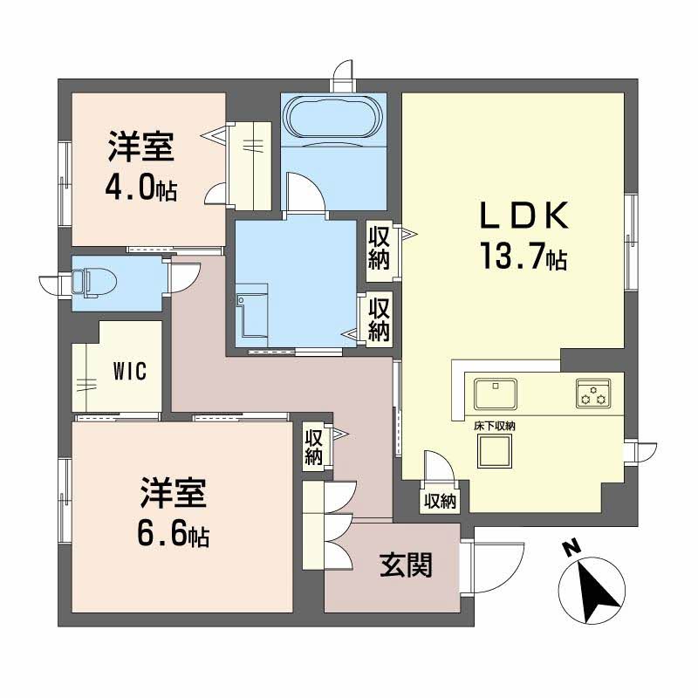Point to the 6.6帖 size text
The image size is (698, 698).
(173, 533)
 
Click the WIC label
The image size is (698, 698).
(129, 370)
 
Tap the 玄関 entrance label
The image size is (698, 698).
(406, 566)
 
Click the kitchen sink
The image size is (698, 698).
(496, 393)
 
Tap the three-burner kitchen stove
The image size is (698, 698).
(593, 393)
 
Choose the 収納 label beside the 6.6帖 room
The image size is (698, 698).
(314, 446)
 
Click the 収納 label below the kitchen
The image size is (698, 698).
(440, 501)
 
